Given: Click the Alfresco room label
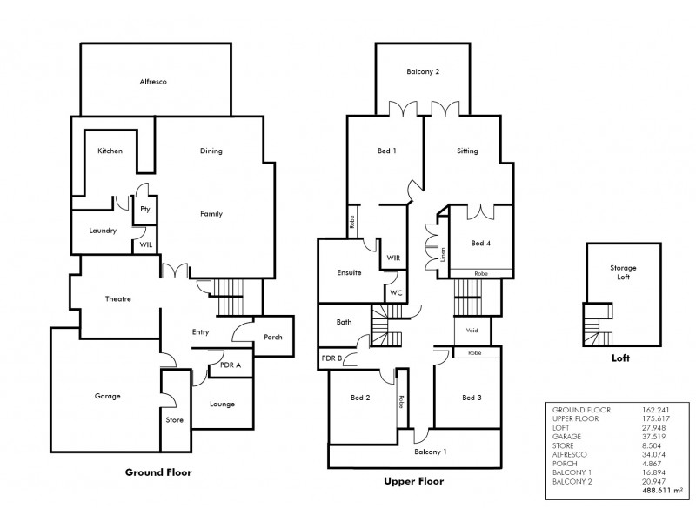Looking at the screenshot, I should click(x=153, y=81).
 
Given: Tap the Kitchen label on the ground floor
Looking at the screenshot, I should click(x=110, y=151).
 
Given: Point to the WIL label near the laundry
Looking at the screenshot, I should click(x=144, y=245).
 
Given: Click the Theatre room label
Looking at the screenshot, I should click(x=117, y=299).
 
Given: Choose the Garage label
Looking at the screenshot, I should click(x=107, y=396).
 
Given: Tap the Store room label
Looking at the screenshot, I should click(x=174, y=419).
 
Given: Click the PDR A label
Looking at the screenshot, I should click(x=231, y=366).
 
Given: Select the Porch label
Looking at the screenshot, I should click(x=274, y=338).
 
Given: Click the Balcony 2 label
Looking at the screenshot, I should click(x=422, y=71).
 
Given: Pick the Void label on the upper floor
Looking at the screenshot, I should click(x=472, y=331).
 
